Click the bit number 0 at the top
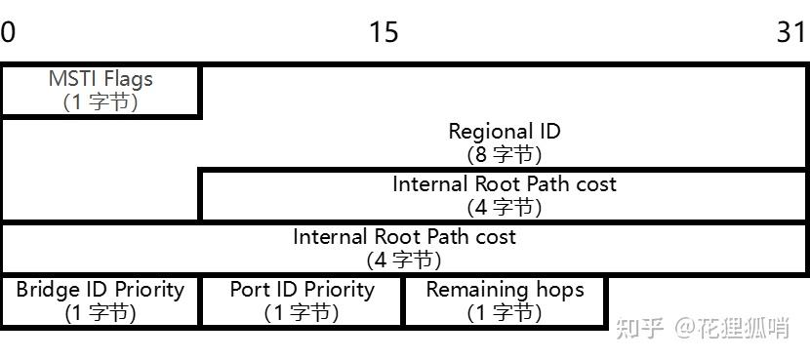[8, 32]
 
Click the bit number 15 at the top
[384, 32]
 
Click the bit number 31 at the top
[791, 32]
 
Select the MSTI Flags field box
[101, 90]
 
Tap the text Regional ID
[504, 131]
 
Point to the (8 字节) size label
[504, 154]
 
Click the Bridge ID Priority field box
[101, 300]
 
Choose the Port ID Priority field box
[302, 300]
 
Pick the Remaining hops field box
[505, 300]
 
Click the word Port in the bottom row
[248, 290]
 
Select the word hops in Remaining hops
[559, 290]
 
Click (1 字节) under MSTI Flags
[101, 101]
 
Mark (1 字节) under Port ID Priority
[302, 313]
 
